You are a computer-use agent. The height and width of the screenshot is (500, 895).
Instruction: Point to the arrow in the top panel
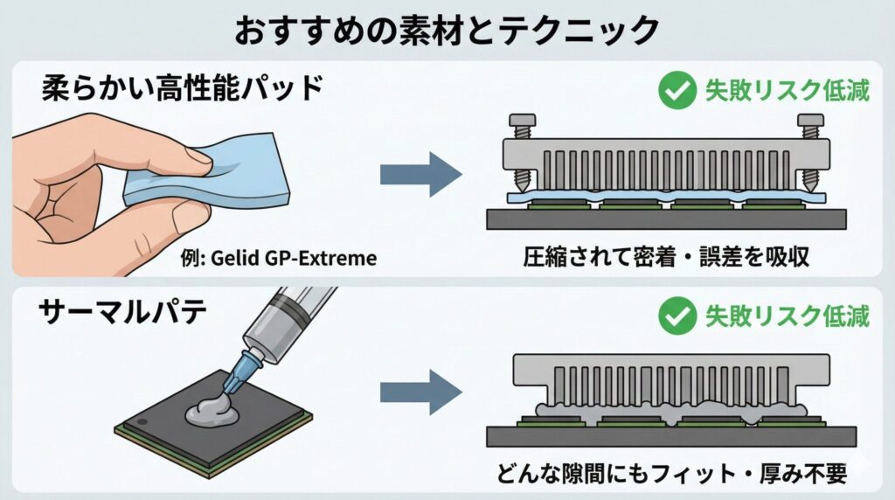[x=420, y=174]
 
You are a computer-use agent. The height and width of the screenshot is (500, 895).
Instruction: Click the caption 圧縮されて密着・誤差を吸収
[x=669, y=258]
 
